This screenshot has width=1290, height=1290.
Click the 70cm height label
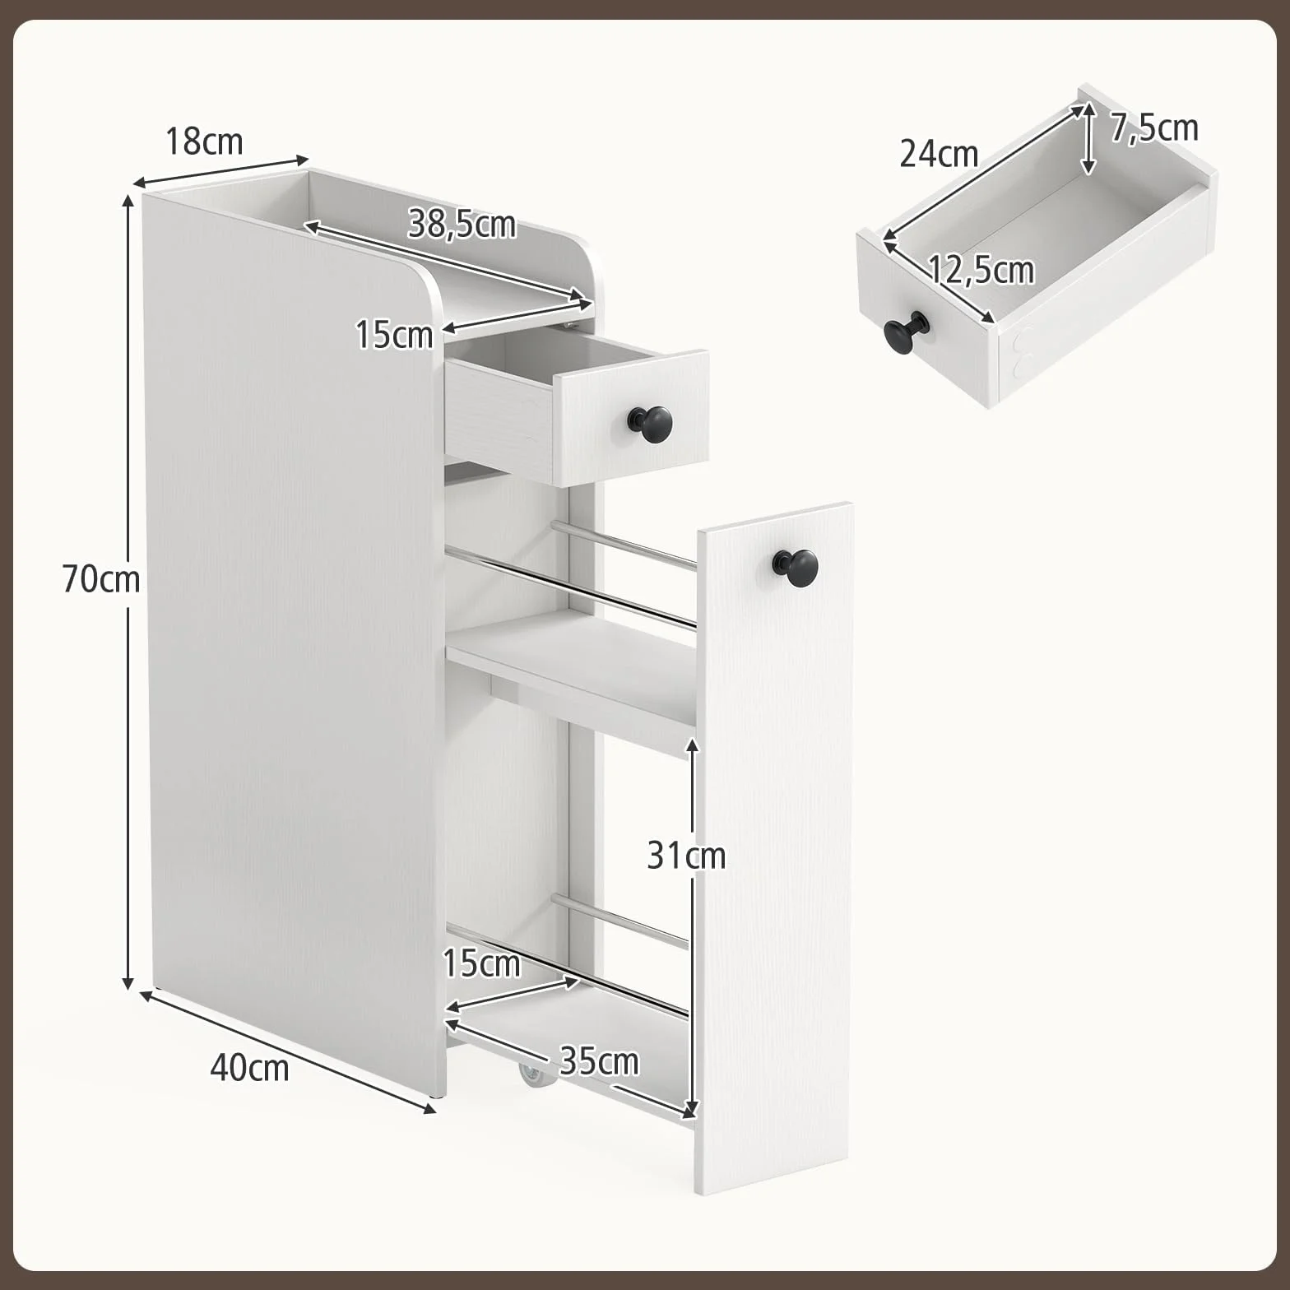101,580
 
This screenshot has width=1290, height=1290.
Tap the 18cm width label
204,142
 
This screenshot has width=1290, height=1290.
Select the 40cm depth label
249,1068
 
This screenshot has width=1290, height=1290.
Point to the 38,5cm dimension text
462,224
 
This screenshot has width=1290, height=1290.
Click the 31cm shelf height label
686,856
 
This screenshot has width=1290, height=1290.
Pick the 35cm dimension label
599,1061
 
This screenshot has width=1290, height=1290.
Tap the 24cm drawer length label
939,154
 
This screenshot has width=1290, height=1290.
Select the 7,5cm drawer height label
1154,128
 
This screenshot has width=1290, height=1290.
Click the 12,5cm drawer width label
981,270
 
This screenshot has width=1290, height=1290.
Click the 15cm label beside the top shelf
394,335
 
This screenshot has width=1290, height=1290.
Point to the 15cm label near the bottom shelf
481,963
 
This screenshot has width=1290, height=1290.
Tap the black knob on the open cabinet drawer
651,424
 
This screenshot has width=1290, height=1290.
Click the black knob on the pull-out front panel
796,568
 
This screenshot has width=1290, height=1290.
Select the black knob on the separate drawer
906,332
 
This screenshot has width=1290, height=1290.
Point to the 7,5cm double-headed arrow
1088,138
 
